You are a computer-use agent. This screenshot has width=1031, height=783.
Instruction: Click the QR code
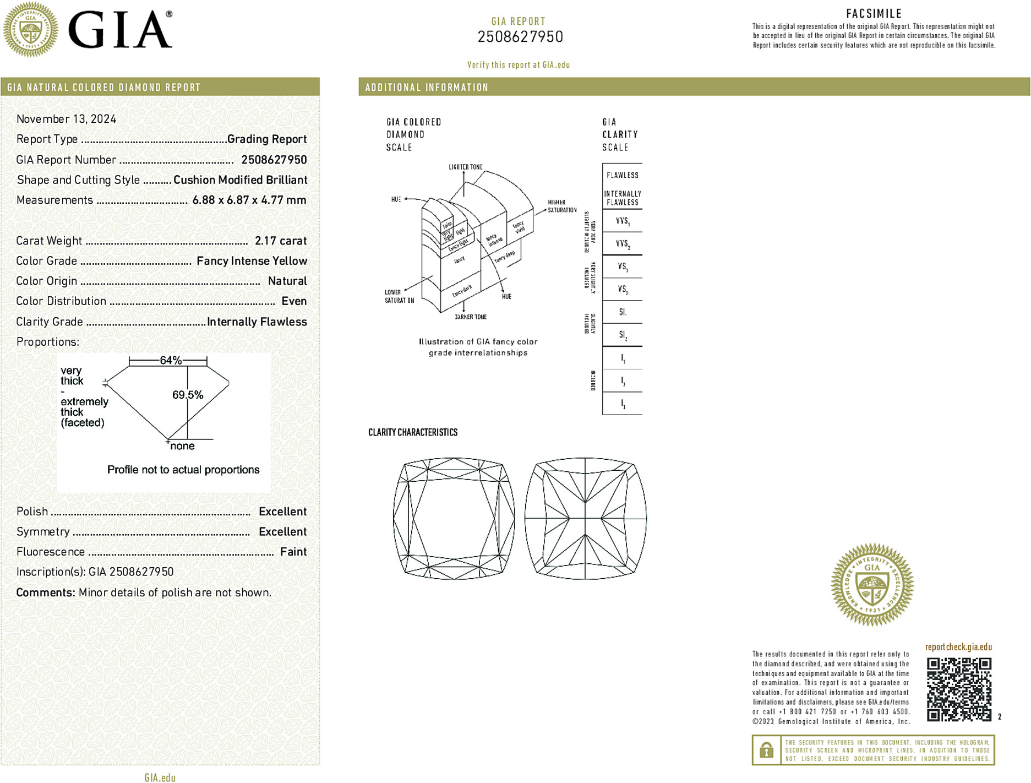click(x=959, y=689)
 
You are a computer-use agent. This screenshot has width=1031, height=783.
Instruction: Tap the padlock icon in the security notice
click(x=766, y=750)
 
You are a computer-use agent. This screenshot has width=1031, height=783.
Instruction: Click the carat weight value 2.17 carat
click(x=281, y=241)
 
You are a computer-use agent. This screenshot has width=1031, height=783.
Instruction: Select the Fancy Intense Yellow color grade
click(x=252, y=261)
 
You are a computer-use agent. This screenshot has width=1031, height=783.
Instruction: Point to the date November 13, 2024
click(x=66, y=119)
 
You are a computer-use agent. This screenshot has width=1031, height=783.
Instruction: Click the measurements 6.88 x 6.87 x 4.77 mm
click(x=249, y=200)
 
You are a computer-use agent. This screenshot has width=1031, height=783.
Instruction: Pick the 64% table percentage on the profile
click(x=170, y=360)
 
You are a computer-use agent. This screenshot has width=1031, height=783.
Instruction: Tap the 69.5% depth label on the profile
click(x=187, y=395)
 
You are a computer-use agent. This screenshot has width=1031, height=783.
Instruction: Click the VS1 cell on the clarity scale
click(x=623, y=267)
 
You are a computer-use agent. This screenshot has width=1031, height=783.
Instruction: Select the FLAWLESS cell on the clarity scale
click(x=623, y=175)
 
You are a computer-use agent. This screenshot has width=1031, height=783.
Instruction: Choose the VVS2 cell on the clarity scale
click(x=623, y=243)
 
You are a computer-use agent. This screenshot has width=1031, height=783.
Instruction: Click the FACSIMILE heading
click(x=874, y=14)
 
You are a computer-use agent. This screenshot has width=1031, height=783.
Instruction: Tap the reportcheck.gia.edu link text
click(x=958, y=647)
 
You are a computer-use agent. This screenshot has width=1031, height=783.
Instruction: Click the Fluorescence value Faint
click(x=293, y=552)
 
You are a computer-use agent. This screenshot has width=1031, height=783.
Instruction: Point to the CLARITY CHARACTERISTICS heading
click(x=413, y=432)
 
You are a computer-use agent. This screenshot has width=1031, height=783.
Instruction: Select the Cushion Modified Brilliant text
click(x=240, y=180)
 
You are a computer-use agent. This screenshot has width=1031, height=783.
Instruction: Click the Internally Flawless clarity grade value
click(x=257, y=322)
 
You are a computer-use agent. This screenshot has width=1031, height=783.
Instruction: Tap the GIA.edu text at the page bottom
click(x=160, y=777)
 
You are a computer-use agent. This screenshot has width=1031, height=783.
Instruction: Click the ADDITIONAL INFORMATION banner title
click(x=427, y=88)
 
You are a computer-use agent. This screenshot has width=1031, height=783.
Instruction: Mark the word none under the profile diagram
click(x=182, y=446)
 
